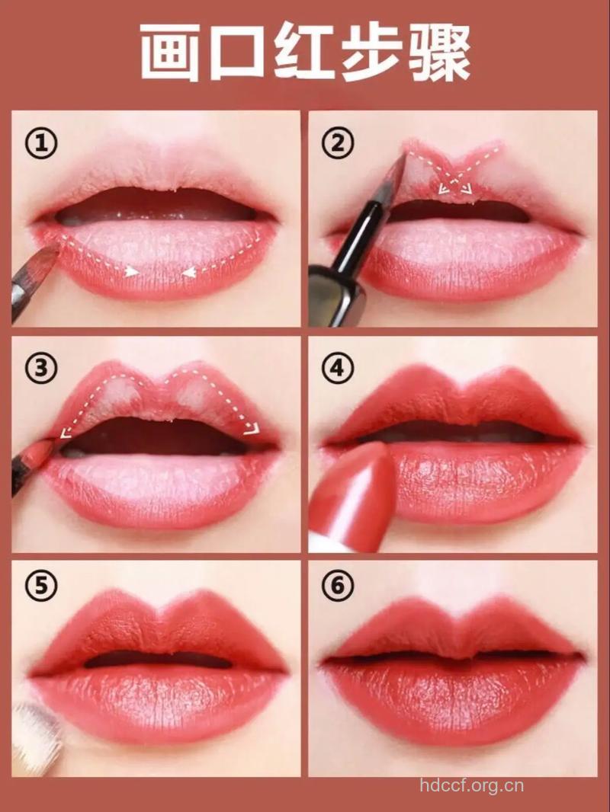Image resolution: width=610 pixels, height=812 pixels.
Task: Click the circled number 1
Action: (42, 143)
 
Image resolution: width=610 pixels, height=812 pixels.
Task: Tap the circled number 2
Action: (338, 143)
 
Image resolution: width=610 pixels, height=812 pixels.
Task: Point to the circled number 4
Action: (338, 368)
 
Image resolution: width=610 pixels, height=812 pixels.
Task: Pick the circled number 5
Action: (42, 586)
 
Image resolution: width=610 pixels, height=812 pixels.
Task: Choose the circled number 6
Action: (338, 586)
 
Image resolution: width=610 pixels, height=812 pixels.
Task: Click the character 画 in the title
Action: (170, 52)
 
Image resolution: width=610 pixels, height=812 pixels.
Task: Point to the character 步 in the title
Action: (371, 52)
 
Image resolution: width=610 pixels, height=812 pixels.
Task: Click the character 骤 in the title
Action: (438, 52)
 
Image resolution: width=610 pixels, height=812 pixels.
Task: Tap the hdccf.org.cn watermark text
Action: (472, 785)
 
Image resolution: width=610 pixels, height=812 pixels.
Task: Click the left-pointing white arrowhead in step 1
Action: (188, 271)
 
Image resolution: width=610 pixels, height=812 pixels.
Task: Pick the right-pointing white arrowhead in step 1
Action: (133, 271)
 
